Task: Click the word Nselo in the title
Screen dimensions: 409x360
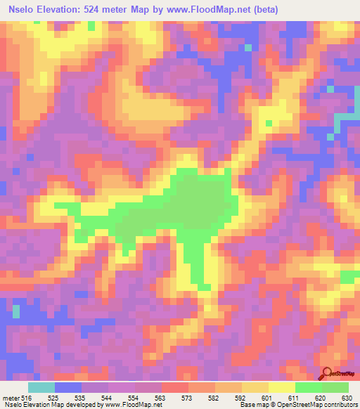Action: [24, 10]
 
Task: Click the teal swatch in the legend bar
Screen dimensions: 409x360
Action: [41, 387]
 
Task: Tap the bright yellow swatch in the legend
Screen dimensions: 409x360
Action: [281, 387]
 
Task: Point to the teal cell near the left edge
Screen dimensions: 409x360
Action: [16, 310]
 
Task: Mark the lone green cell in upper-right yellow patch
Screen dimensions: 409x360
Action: [269, 124]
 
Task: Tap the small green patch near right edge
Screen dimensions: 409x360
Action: [347, 276]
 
